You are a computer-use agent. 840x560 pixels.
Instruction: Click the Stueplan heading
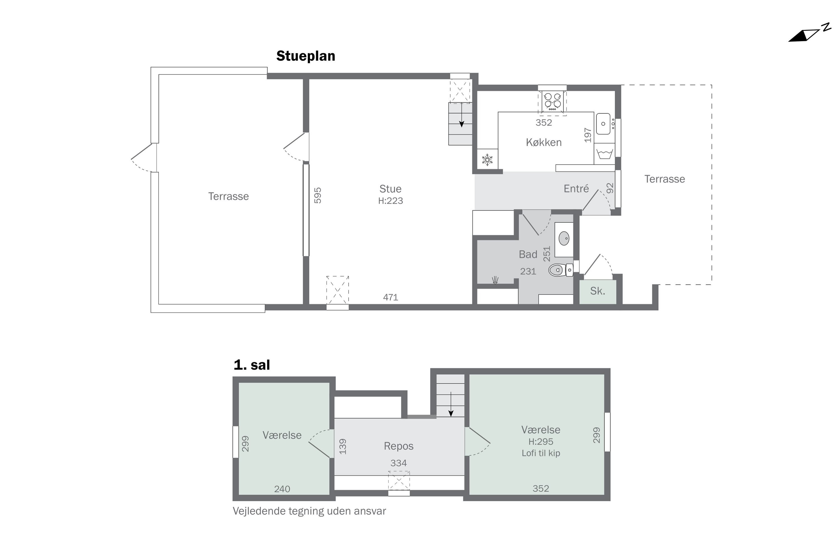pyautogui.click(x=306, y=56)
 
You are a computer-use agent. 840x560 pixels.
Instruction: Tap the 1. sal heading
pyautogui.click(x=252, y=365)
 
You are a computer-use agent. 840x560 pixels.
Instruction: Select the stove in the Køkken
pyautogui.click(x=552, y=101)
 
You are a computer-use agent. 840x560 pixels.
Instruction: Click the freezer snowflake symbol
pyautogui.click(x=487, y=160)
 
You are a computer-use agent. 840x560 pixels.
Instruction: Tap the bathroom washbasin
pyautogui.click(x=564, y=239)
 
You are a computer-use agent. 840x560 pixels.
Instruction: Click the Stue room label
pyautogui.click(x=390, y=188)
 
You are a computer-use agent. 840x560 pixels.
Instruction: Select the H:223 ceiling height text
pyautogui.click(x=390, y=201)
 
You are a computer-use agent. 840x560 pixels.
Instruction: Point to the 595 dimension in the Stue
pyautogui.click(x=318, y=195)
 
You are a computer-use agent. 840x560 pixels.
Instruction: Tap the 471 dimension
pyautogui.click(x=390, y=297)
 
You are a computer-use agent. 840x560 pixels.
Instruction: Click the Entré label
pyautogui.click(x=576, y=188)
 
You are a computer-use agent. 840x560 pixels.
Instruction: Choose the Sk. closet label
pyautogui.click(x=598, y=291)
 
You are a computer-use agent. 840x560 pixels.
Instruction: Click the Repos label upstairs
pyautogui.click(x=398, y=446)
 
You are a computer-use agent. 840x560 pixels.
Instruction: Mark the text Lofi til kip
pyautogui.click(x=541, y=453)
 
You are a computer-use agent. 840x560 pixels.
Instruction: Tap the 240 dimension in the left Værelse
pyautogui.click(x=282, y=489)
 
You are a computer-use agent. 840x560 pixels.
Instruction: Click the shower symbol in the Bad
pyautogui.click(x=495, y=280)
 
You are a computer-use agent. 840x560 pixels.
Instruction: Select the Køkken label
pyautogui.click(x=543, y=142)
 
